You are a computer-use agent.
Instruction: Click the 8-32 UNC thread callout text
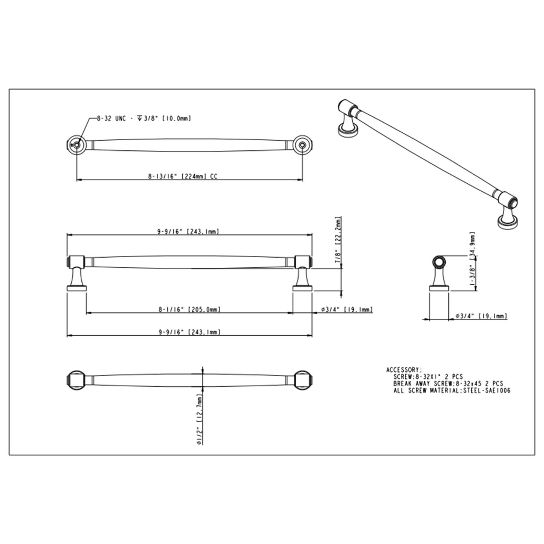coord(143,118)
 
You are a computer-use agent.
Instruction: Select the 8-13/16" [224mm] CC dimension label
coord(183,176)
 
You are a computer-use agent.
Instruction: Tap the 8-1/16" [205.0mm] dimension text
coord(190,309)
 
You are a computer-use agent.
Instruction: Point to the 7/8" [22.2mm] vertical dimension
coord(338,240)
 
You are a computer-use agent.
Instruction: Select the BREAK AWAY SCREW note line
coord(448,384)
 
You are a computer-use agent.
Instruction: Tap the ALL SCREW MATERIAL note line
coord(452,390)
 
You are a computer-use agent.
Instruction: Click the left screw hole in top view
coord(76,144)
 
